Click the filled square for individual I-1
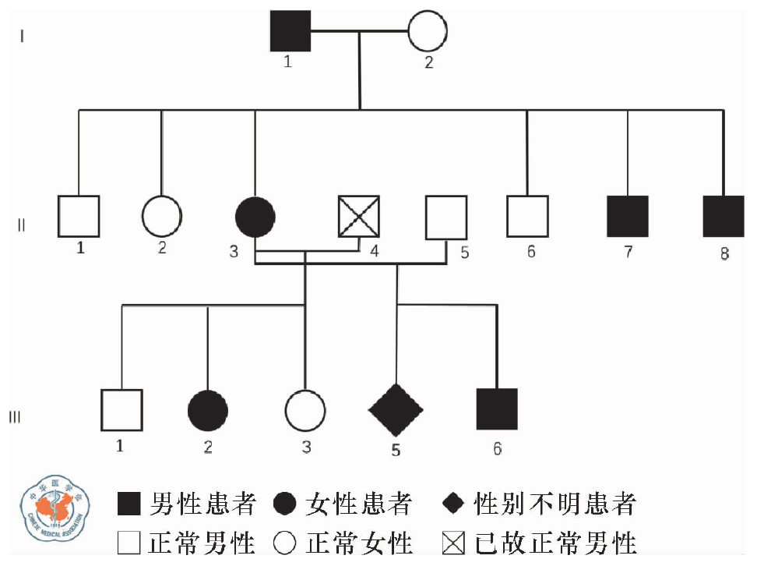coord(290,31)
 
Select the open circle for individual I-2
coord(428,31)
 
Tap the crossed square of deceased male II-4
coord(359,216)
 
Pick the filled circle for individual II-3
coord(255,216)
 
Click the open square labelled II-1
coord(79,216)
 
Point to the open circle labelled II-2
coord(162,216)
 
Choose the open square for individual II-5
coord(446,216)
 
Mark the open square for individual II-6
coord(527,216)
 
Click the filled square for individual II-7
coord(628,216)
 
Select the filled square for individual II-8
coord(724,216)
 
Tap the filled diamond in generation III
coord(396,410)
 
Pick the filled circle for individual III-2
coord(208,410)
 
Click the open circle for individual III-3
coord(305,410)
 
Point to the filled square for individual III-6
coord(497,409)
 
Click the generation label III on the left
coord(15,417)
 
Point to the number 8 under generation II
coord(724,253)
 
